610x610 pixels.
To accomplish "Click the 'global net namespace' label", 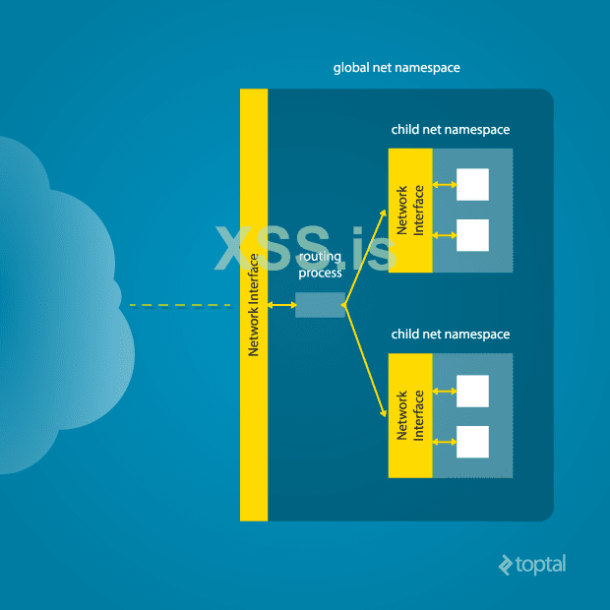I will [396, 68].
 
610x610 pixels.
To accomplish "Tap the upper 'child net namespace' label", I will [451, 129].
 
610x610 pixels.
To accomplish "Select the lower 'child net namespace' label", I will [451, 335].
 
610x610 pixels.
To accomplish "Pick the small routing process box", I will [320, 305].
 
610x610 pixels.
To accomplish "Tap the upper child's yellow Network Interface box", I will [410, 211].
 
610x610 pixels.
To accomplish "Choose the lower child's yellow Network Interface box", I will [410, 416].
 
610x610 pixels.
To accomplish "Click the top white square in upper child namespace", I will [473, 184].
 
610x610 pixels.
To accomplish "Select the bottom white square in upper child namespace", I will [473, 235].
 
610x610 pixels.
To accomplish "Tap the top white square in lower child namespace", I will [473, 391].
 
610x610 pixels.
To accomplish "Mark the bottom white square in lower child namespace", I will [473, 442].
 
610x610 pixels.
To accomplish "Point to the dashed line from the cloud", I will [177, 305].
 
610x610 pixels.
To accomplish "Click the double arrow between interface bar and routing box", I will [281, 305].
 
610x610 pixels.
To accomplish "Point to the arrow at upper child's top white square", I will [445, 184].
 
